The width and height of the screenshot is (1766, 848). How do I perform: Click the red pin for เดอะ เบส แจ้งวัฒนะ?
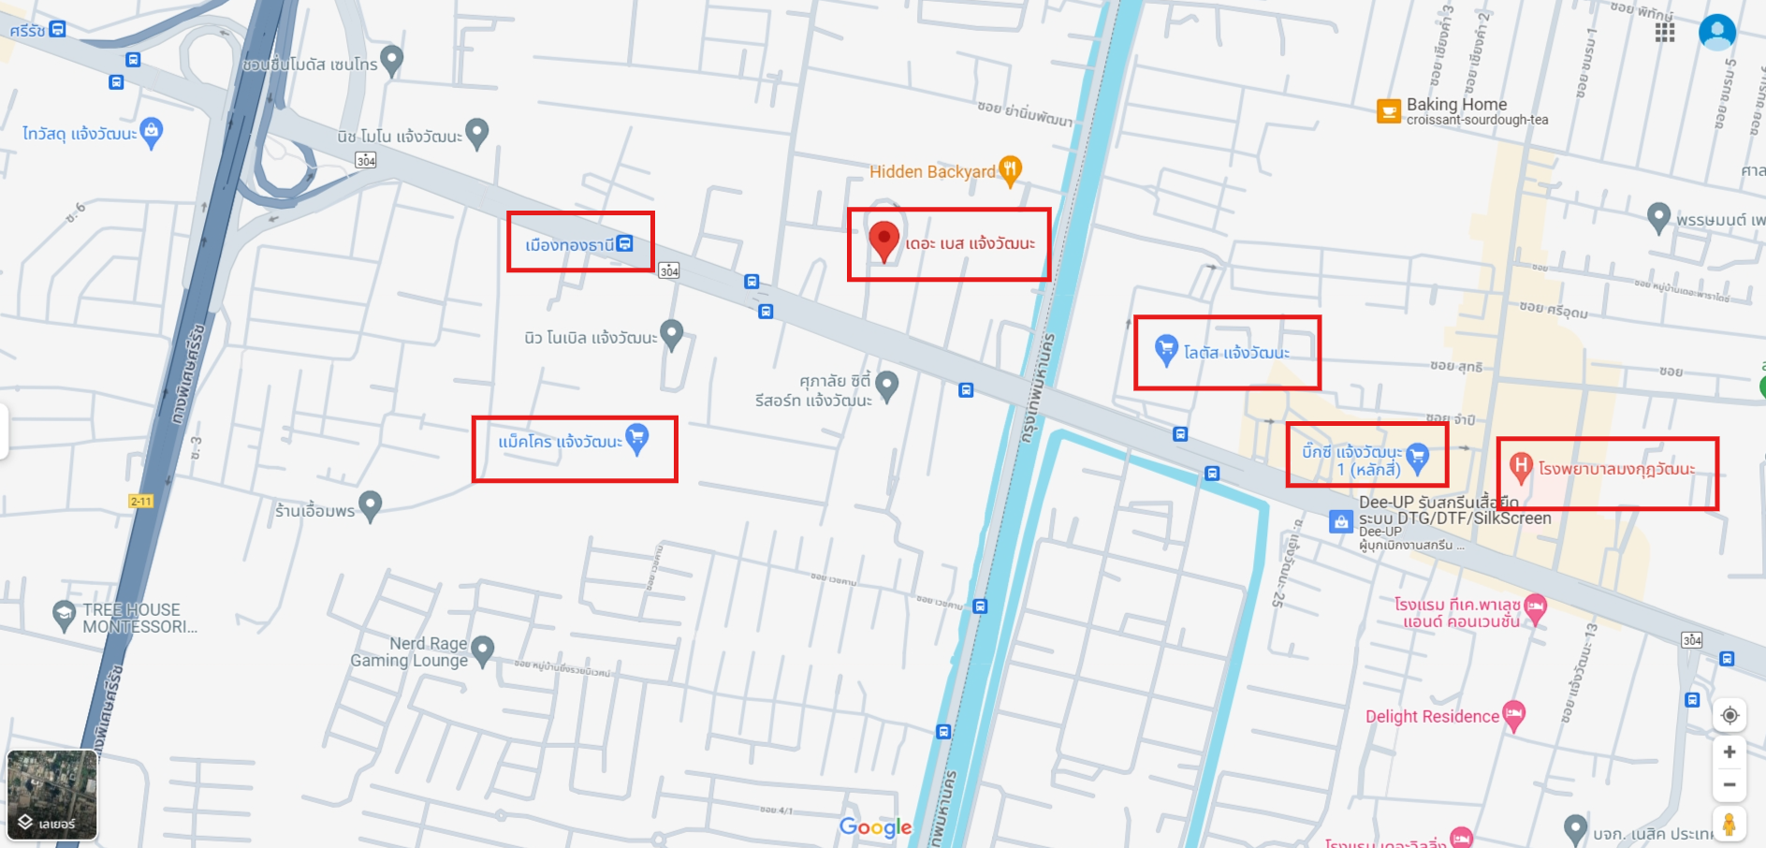[x=883, y=240]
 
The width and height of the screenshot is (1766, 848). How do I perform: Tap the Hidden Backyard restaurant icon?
[x=1010, y=169]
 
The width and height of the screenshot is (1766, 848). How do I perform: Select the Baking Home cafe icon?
[x=1388, y=111]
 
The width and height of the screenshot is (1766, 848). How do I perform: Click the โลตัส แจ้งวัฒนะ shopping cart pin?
[x=1165, y=349]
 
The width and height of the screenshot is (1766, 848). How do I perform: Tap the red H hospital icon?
[x=1521, y=465]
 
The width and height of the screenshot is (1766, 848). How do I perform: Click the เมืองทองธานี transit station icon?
[x=625, y=244]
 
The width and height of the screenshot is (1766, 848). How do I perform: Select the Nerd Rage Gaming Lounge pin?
[x=482, y=649]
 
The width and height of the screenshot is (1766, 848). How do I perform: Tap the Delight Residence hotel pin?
[x=1513, y=714]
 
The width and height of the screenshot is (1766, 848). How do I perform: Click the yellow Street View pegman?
[x=1730, y=825]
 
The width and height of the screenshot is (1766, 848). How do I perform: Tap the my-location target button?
[x=1730, y=715]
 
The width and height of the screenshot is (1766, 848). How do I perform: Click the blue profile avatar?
[x=1716, y=33]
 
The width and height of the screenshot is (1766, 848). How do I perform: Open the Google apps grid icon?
[x=1664, y=33]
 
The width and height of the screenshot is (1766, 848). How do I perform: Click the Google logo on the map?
[x=875, y=827]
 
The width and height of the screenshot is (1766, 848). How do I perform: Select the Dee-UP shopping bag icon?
[x=1341, y=521]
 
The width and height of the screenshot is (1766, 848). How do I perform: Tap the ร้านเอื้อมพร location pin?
[x=371, y=504]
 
